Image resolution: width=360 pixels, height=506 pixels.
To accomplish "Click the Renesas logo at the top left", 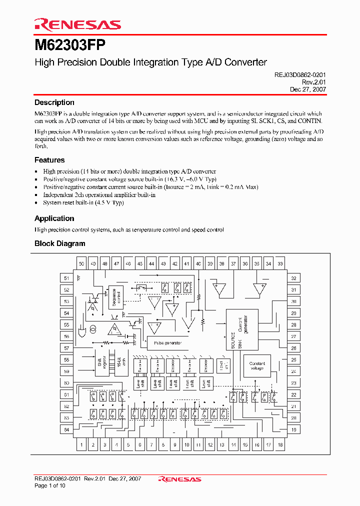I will (77, 24).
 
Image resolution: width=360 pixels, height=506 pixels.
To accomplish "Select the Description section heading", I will (54, 102).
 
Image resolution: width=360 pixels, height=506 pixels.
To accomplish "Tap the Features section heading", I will (49, 160).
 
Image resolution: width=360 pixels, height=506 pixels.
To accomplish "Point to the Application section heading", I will (54, 218).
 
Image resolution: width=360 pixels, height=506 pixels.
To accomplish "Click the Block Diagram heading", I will (59, 243).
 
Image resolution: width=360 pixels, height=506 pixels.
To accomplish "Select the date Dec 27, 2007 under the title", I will (308, 89).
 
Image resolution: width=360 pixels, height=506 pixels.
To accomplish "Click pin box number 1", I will (81, 444).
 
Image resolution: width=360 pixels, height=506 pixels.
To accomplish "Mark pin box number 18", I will (280, 444).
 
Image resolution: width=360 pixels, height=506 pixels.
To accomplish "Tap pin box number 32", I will (293, 278).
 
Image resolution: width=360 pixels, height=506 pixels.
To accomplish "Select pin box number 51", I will (66, 278).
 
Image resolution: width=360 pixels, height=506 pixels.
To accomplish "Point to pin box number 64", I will (66, 429).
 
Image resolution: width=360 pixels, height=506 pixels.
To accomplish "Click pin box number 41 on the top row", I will (186, 263).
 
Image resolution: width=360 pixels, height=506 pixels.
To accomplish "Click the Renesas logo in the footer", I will (179, 479).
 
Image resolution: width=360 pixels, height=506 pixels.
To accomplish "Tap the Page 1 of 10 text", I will (49, 485).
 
